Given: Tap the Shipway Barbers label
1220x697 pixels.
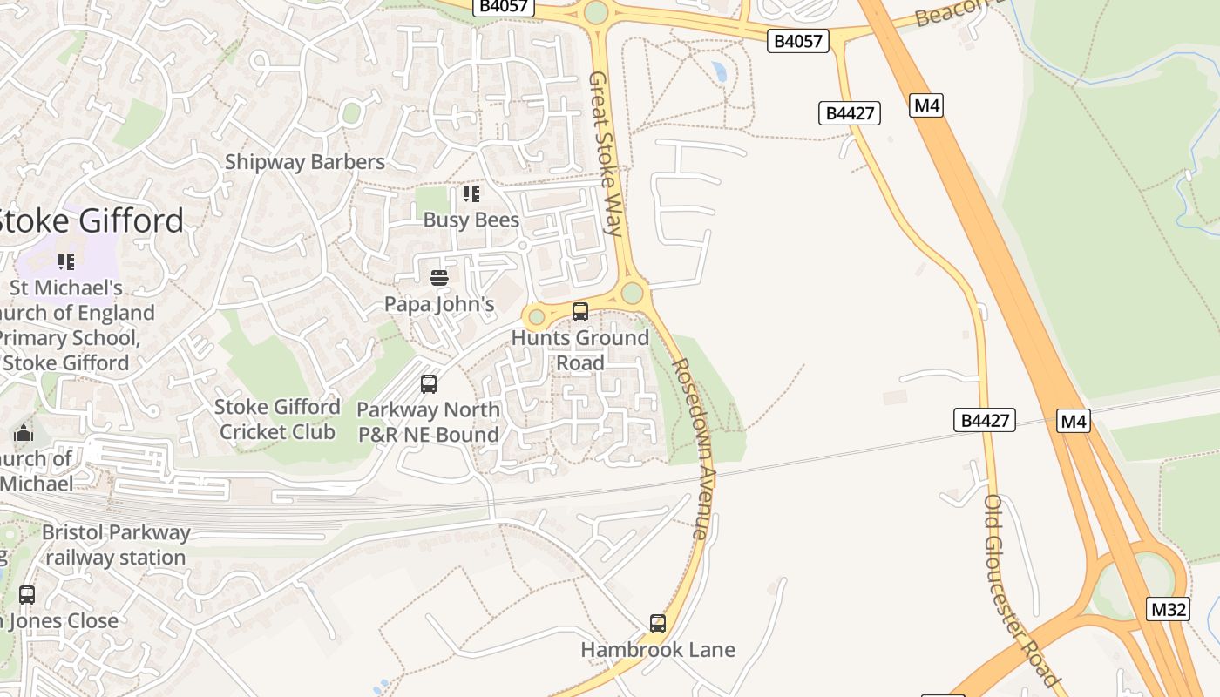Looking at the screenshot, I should [x=304, y=162].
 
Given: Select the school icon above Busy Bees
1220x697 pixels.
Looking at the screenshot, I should [x=471, y=193].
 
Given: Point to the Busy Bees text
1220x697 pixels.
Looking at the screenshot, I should [x=471, y=220].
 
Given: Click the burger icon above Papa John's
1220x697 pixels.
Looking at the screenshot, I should [x=439, y=278].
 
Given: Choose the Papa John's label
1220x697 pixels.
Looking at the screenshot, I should [x=439, y=304].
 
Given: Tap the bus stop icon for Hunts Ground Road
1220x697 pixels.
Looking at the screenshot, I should [x=580, y=311].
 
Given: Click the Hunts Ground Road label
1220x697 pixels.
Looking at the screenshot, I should [x=580, y=349].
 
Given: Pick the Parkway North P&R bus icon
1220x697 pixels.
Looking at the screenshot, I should [x=428, y=383].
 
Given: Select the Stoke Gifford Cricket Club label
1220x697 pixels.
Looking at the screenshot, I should [x=277, y=419].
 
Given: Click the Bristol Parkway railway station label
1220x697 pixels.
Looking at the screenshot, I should [x=115, y=545].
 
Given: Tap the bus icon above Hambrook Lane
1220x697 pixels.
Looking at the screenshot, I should [x=658, y=624].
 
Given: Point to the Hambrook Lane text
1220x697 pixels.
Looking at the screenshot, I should [x=658, y=650].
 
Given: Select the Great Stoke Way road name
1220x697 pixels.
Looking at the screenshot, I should [x=605, y=153].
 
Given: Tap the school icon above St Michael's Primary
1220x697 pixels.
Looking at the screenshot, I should [x=65, y=261].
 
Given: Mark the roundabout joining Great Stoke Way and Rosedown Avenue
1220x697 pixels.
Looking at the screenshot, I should [x=632, y=293].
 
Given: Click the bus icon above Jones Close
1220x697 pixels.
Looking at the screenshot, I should [x=27, y=595].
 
